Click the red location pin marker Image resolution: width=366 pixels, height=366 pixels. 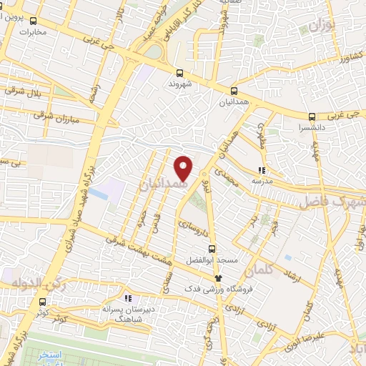coord(184,168)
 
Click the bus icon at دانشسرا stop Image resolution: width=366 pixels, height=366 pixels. coord(312,117)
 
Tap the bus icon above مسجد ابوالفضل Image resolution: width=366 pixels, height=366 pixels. coord(211,249)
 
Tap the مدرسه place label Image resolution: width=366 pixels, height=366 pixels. coord(261,182)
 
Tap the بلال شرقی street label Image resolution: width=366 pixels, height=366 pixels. coord(24,91)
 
